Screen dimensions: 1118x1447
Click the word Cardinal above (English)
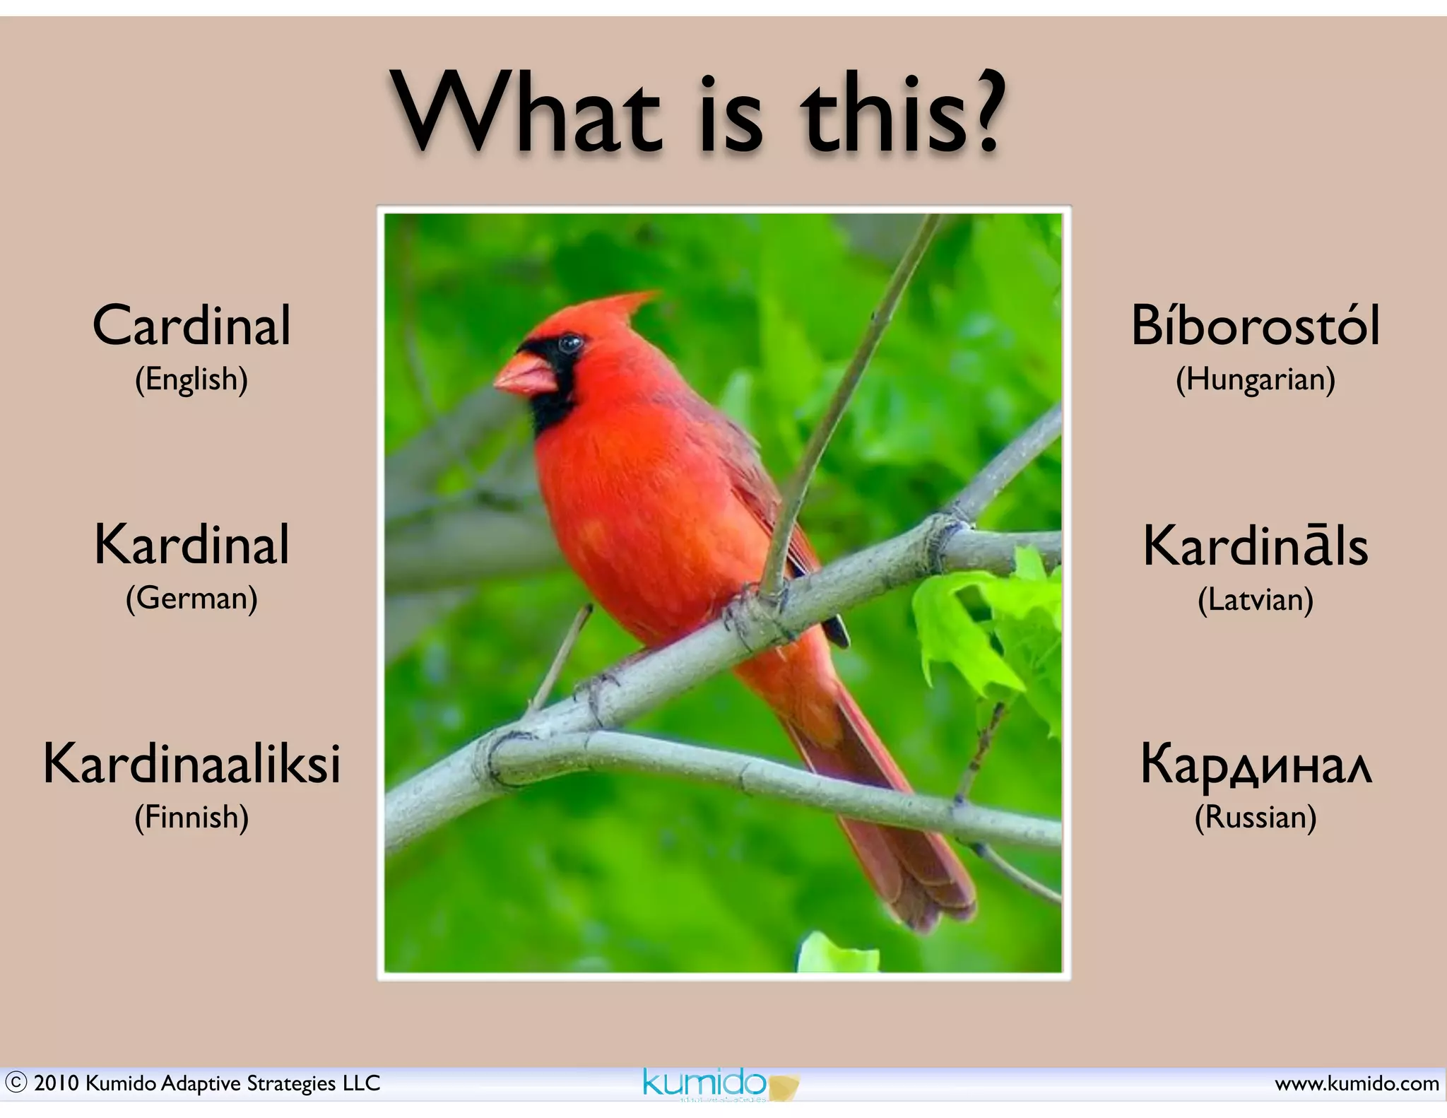pos(191,326)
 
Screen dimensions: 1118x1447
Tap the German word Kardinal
pos(191,545)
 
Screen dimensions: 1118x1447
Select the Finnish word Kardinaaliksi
pos(191,764)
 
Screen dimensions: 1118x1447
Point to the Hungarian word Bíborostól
pos(1256,326)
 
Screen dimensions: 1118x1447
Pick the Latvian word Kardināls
pos(1256,546)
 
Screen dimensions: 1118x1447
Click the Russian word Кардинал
pos(1256,765)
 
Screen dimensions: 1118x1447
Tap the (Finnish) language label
pos(191,818)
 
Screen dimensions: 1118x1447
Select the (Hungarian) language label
pos(1256,379)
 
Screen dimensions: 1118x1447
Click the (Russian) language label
pos(1256,818)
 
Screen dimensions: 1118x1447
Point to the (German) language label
pos(191,599)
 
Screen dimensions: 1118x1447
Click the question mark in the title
pos(981,113)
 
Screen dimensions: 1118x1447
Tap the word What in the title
pos(526,113)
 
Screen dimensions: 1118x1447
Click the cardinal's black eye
pos(569,344)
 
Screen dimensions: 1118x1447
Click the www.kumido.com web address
pos(1357,1083)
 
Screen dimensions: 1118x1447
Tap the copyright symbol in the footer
pos(16,1083)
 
